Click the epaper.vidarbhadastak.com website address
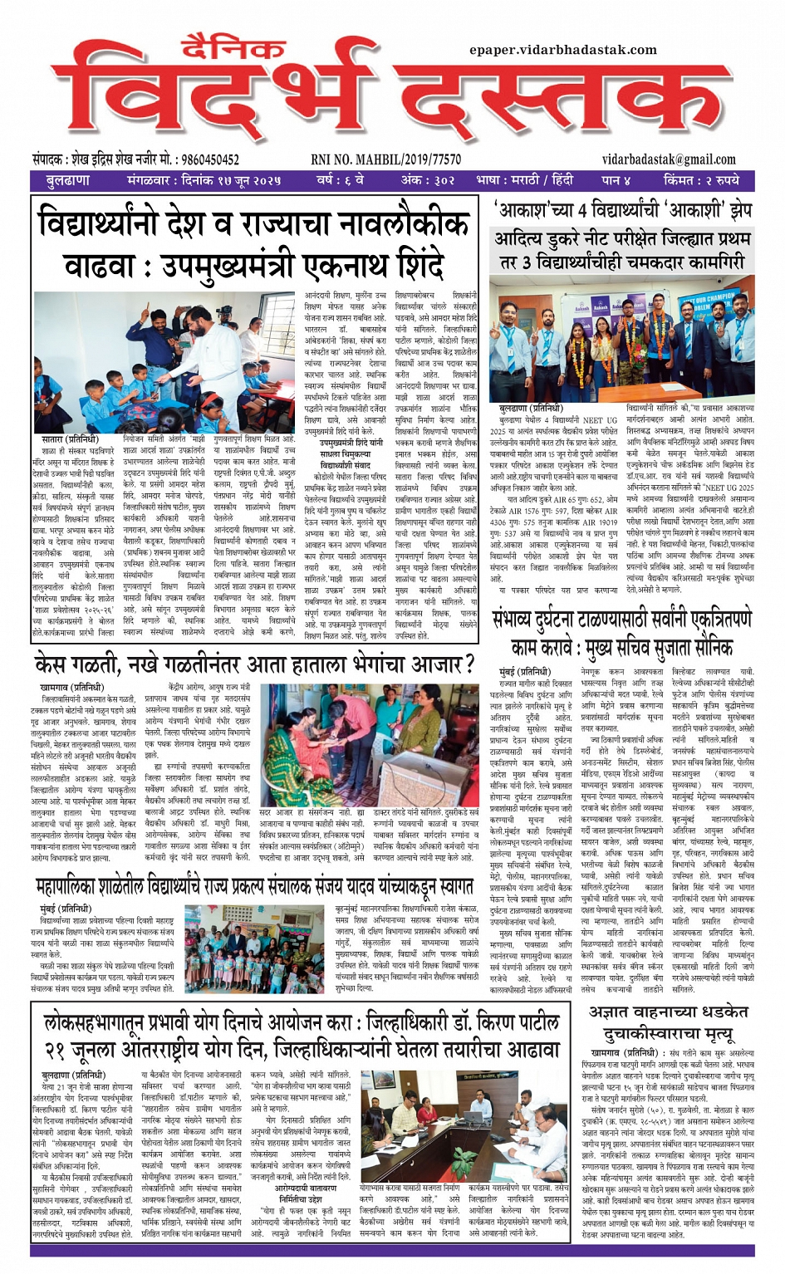562,50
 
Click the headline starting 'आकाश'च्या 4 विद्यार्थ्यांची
624,210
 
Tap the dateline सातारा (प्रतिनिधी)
70,439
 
